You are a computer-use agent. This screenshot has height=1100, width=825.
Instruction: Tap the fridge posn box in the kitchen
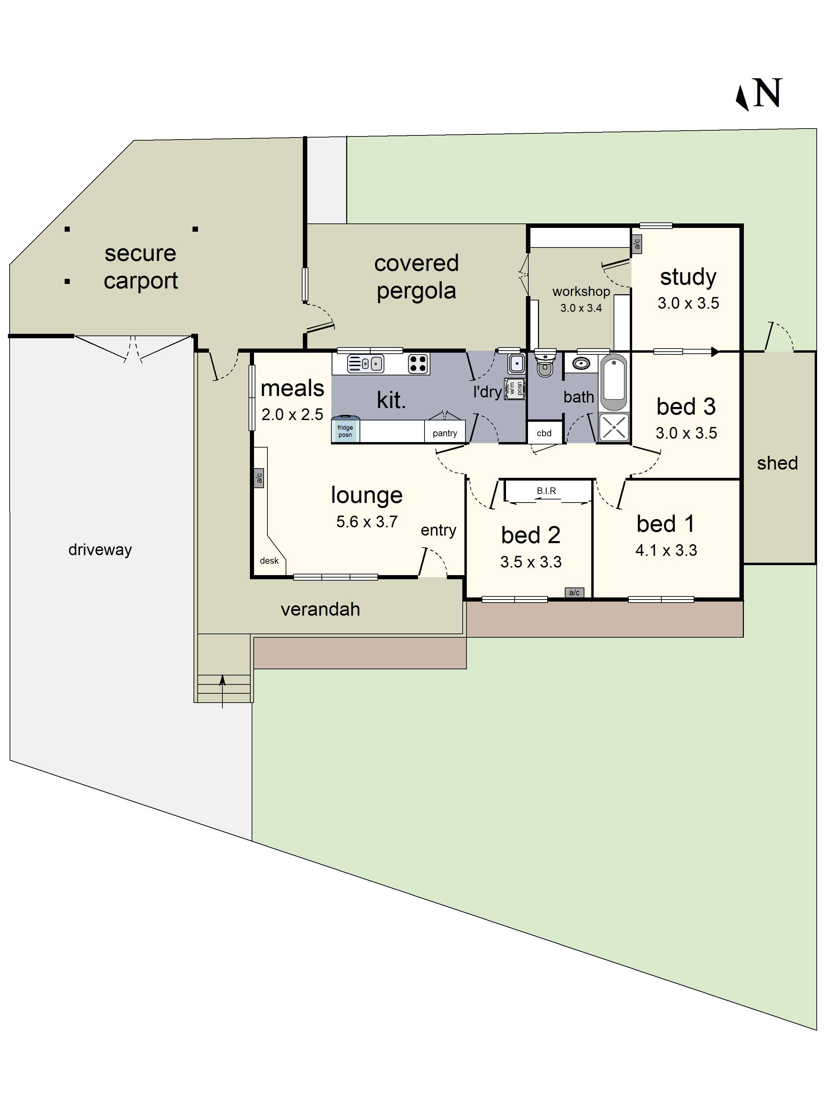click(x=345, y=430)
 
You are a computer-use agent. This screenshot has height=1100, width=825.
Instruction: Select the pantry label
click(x=444, y=433)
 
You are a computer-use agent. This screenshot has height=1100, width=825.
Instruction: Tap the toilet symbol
click(x=545, y=363)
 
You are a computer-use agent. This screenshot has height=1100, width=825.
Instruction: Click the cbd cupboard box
click(x=544, y=433)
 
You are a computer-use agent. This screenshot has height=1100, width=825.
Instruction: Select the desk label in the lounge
click(x=269, y=560)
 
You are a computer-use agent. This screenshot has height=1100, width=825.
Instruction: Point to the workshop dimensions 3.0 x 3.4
click(x=581, y=308)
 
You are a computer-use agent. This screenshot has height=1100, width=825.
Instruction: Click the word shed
click(x=777, y=463)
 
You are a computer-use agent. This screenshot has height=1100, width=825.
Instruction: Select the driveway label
click(x=100, y=550)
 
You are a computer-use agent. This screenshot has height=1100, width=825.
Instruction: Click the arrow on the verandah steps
click(x=222, y=691)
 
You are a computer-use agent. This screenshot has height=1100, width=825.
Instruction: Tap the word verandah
click(x=320, y=609)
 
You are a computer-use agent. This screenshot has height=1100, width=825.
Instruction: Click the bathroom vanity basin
click(x=581, y=364)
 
